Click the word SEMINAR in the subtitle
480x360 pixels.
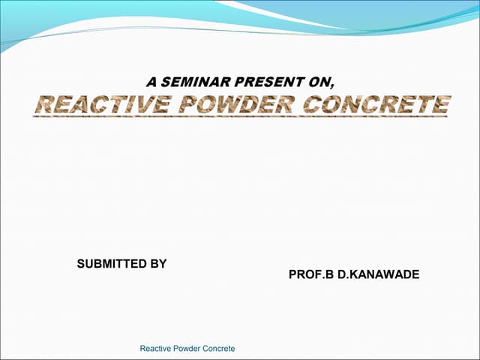click(190, 80)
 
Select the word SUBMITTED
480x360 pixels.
click(111, 264)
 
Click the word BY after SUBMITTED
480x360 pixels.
click(157, 264)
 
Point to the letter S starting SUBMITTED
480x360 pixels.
click(81, 264)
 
